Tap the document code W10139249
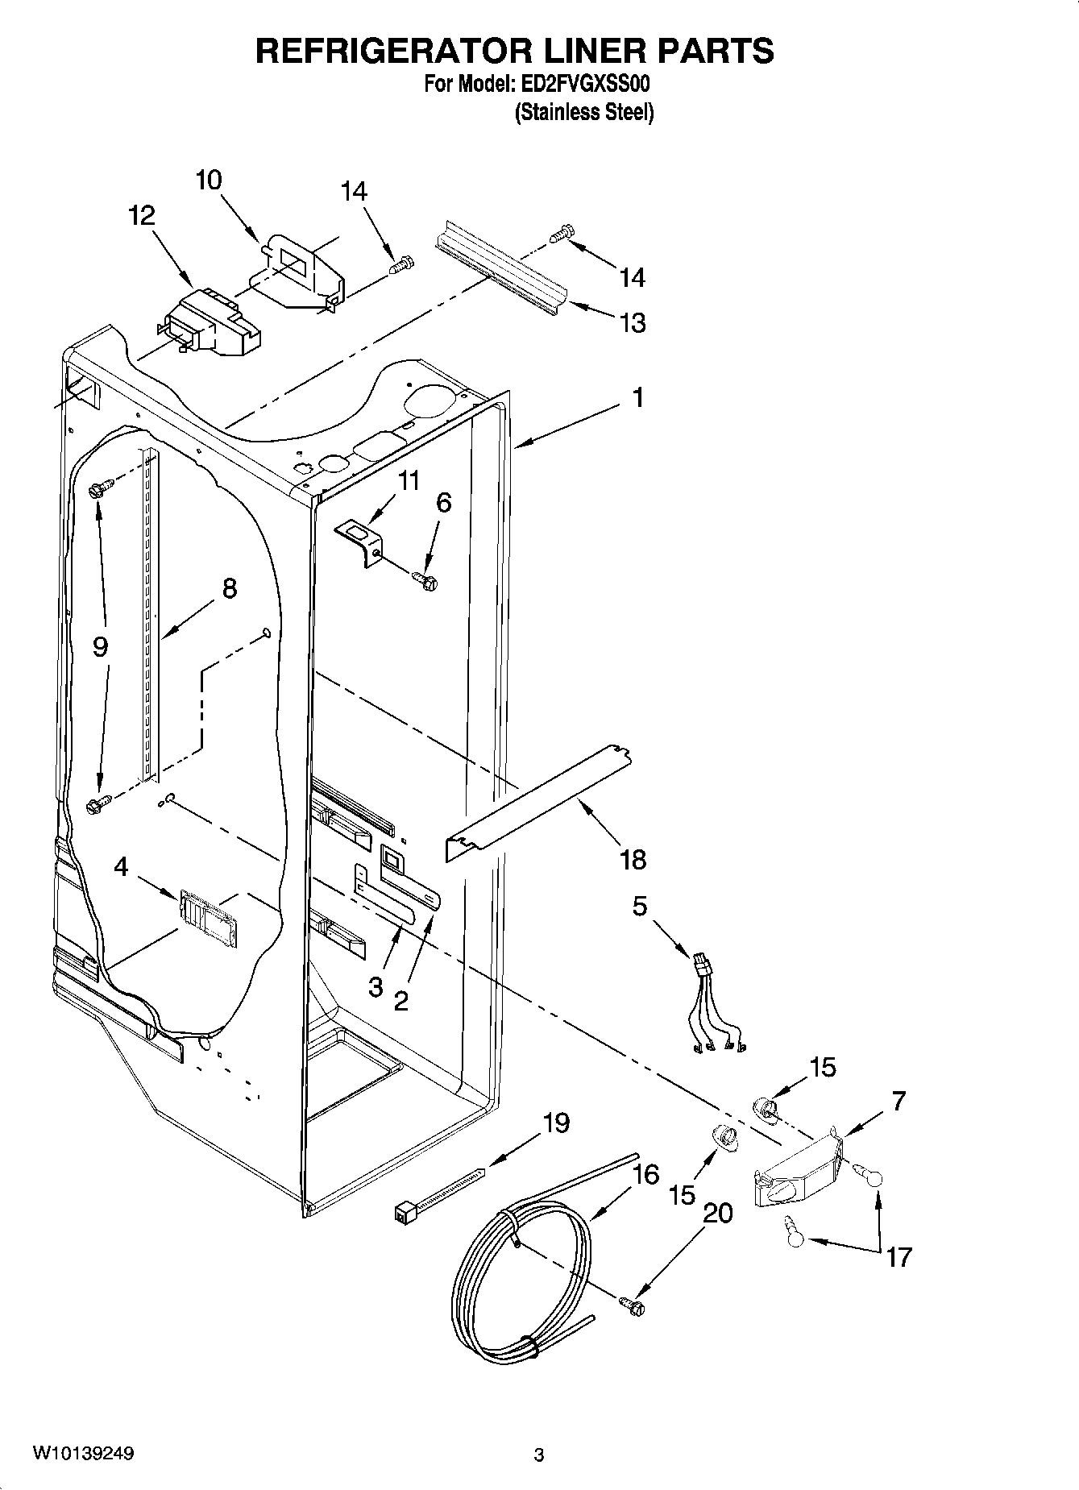pyautogui.click(x=83, y=1454)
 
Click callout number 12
pyautogui.click(x=141, y=216)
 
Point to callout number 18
pyautogui.click(x=633, y=860)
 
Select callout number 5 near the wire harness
pyautogui.click(x=639, y=906)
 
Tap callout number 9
pyautogui.click(x=100, y=646)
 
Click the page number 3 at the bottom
pyautogui.click(x=539, y=1455)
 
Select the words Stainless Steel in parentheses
pyautogui.click(x=584, y=112)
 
